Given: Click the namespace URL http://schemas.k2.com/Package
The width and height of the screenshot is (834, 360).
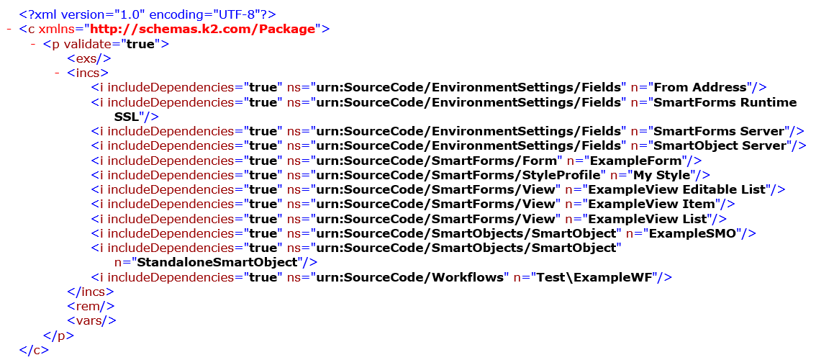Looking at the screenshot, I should click(x=202, y=29).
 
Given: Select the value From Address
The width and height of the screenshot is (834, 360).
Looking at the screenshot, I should click(x=699, y=87).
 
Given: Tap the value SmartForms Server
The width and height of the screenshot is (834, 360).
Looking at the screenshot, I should click(x=717, y=131).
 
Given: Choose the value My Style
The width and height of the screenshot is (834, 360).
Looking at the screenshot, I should click(x=663, y=175).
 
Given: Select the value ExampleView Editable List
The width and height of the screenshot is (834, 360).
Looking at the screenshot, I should click(x=678, y=189).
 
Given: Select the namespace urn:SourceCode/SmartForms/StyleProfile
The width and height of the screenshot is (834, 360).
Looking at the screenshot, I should click(x=456, y=175).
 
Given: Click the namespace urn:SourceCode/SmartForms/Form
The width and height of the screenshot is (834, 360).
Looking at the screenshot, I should click(x=435, y=161).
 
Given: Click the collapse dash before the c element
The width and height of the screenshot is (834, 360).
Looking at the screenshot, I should click(x=8, y=29).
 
